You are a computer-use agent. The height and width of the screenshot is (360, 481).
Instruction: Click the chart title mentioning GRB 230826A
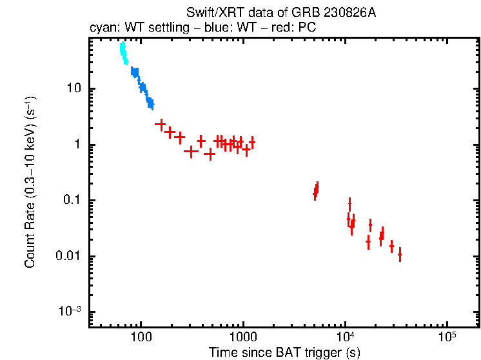(280, 13)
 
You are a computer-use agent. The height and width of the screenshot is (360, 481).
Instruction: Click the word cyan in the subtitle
(101, 29)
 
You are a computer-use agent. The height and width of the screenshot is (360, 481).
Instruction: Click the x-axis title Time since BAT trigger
(284, 352)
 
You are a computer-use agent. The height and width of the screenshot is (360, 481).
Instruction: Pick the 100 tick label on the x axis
(141, 336)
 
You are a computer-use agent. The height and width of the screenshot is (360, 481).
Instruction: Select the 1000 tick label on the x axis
(243, 336)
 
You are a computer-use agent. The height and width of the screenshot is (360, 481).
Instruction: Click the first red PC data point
(161, 124)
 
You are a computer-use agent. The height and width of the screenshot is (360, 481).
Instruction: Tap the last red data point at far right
(400, 254)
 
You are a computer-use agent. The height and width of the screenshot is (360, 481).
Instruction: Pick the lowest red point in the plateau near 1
(210, 154)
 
